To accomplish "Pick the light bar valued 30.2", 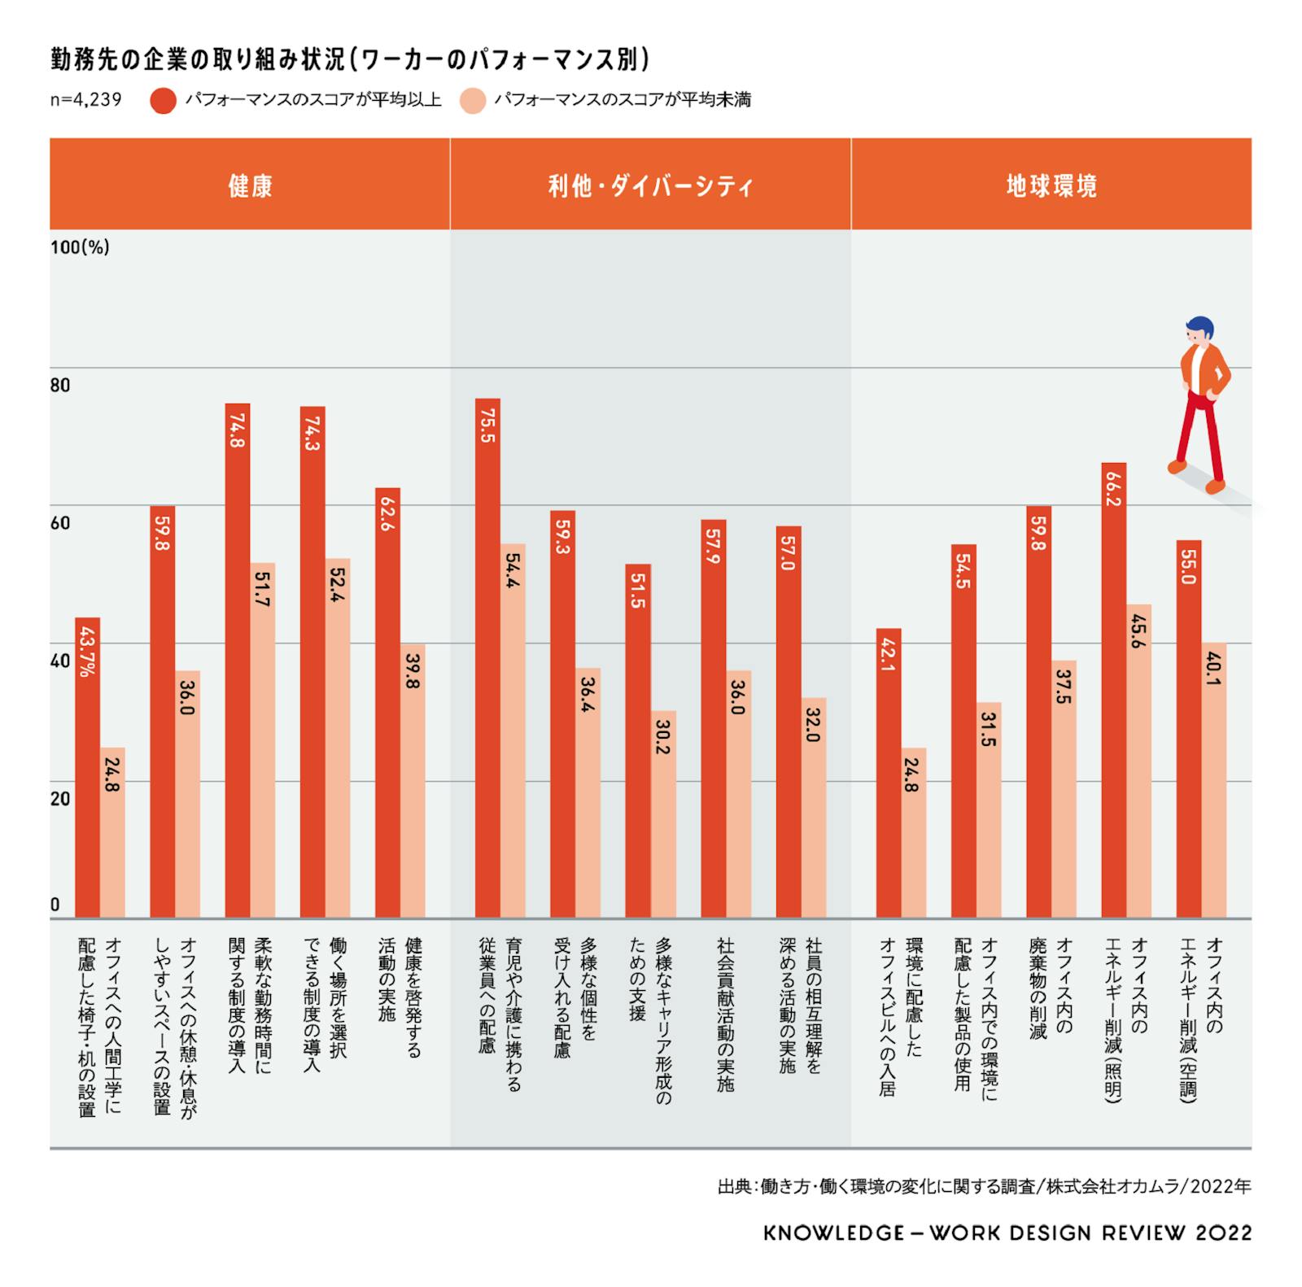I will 663,814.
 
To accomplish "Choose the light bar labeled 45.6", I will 1138,761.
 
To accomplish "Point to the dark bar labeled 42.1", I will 889,773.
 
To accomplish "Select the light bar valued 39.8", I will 413,781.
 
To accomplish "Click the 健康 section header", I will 250,185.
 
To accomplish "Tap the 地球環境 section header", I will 1051,185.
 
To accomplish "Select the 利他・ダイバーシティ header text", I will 650,185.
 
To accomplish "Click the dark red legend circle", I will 163,101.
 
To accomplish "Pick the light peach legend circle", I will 473,101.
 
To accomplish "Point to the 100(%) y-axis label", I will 80,247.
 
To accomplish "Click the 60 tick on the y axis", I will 61,522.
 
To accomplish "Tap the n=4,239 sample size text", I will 85,100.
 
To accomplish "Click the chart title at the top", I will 350,60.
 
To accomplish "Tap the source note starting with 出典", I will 983,1186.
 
